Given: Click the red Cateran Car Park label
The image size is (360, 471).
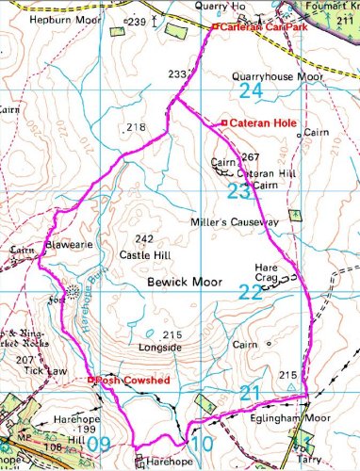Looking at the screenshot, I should (x=255, y=27).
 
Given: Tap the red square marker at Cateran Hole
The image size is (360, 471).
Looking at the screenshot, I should (x=223, y=122).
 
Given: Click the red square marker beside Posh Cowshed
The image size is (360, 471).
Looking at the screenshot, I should (x=90, y=381).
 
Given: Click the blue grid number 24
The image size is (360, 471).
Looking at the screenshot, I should (x=251, y=91).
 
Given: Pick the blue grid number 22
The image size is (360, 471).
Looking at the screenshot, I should (x=250, y=293).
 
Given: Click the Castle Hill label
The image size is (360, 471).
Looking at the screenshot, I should (x=144, y=254).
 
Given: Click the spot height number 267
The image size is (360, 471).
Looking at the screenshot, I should (x=250, y=156).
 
